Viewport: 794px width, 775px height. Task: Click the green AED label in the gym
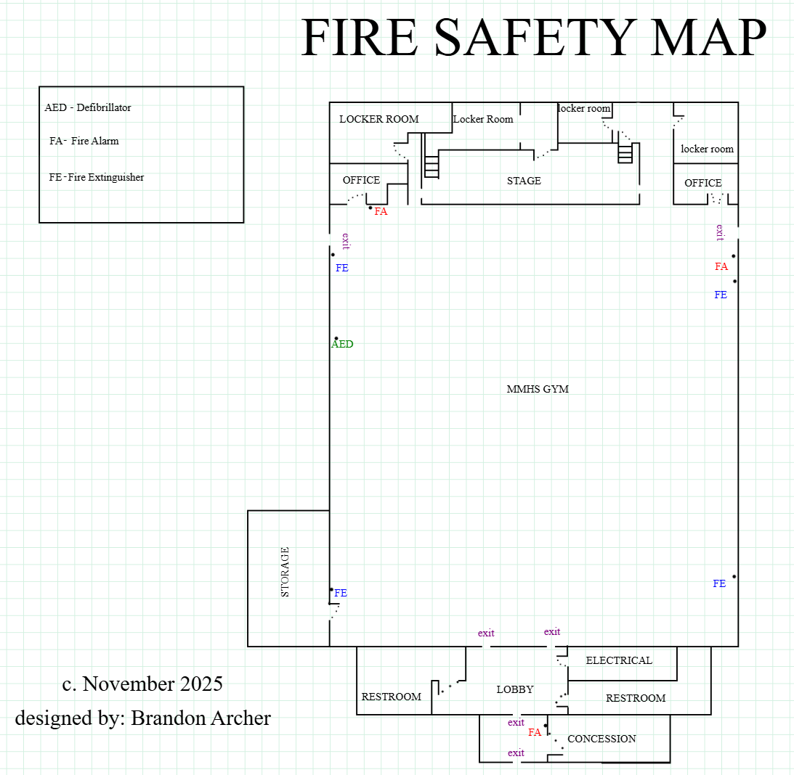(342, 345)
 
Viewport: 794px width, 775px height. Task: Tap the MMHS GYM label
(538, 389)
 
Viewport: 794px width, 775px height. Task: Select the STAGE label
(524, 181)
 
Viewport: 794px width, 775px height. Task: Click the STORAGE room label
(285, 572)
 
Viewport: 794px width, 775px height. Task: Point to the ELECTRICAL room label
(619, 660)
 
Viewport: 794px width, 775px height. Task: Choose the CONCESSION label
(601, 739)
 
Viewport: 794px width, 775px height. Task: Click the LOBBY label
(515, 689)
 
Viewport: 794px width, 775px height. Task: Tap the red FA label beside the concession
(535, 732)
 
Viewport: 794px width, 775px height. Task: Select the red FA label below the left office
(381, 212)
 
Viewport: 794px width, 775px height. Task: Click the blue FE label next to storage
(341, 593)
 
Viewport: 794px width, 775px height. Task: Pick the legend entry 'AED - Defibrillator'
(88, 107)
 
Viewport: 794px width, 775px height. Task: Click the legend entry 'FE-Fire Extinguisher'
(97, 177)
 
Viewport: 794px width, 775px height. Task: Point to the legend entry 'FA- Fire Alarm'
(84, 141)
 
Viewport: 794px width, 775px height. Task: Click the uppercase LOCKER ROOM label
(379, 119)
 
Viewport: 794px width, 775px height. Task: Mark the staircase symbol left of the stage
(432, 166)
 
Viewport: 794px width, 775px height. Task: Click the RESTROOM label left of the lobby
(392, 697)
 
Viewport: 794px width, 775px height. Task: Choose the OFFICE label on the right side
(703, 183)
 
